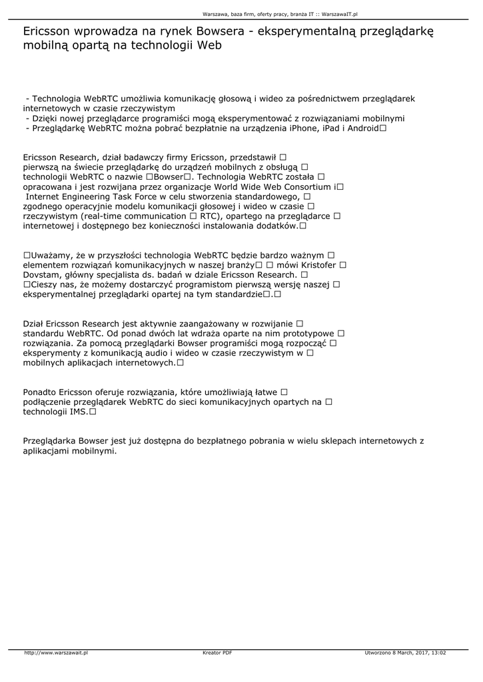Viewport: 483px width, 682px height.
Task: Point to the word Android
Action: click(360, 128)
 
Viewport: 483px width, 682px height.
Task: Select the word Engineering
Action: click(87, 196)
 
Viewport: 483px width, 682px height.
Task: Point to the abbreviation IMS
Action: click(78, 412)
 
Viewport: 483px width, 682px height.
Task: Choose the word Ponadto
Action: click(39, 392)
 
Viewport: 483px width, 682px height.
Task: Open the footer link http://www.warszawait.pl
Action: click(57, 653)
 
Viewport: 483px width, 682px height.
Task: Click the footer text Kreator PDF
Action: click(217, 653)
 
